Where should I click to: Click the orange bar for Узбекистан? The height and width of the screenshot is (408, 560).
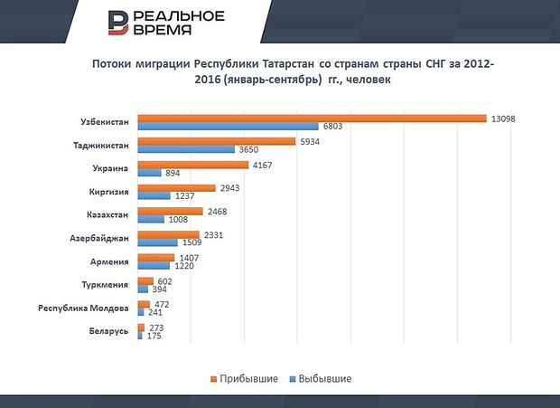pos(312,119)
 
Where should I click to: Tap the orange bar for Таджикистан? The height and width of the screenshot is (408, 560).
pos(217,142)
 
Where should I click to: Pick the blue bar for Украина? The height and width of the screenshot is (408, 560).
pos(149,173)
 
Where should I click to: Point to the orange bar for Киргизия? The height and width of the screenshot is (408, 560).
pos(176,189)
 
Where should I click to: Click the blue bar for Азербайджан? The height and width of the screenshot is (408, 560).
pos(157,243)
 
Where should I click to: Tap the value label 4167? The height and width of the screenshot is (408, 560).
pos(263,166)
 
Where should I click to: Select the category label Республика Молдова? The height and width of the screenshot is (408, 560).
pos(84,308)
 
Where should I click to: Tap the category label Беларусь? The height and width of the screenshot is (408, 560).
pos(108,332)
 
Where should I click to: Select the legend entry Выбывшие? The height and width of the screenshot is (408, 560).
pos(322,377)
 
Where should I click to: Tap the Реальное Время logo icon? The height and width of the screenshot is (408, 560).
pos(117,24)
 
